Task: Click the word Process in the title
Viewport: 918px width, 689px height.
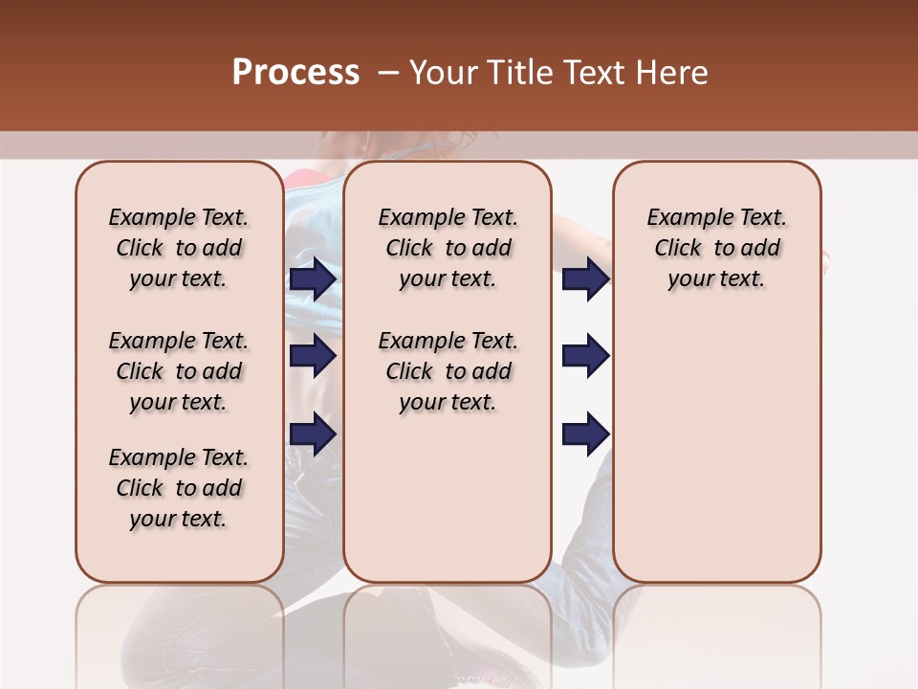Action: (x=295, y=73)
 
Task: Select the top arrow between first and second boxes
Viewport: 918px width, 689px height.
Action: (x=313, y=279)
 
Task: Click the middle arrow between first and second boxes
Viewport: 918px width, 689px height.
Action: (x=313, y=357)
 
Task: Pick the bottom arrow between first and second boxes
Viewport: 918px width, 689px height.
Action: (x=313, y=434)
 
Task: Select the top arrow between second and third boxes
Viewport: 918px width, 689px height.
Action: (x=585, y=279)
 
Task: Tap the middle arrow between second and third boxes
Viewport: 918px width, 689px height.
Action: (x=585, y=357)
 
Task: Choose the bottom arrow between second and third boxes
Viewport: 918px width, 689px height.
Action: (x=585, y=434)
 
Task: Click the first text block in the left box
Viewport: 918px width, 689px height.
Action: (x=179, y=248)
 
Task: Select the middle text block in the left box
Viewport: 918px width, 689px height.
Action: (x=179, y=371)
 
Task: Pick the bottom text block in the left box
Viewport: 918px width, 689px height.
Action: (x=179, y=488)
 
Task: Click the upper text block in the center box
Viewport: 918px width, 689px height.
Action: (x=448, y=248)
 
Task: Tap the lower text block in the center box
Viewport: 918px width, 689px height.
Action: (x=448, y=371)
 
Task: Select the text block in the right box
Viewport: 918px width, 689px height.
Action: (x=716, y=248)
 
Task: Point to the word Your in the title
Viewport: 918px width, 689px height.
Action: (x=444, y=73)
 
